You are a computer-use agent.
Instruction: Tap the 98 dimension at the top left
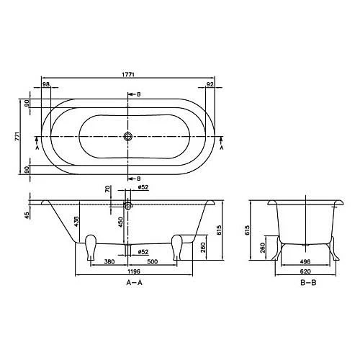47,86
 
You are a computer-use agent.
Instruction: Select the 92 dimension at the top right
210,86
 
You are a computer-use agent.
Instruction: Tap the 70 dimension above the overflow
108,191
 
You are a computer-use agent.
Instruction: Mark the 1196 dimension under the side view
128,274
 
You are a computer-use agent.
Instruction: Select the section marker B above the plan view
138,95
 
